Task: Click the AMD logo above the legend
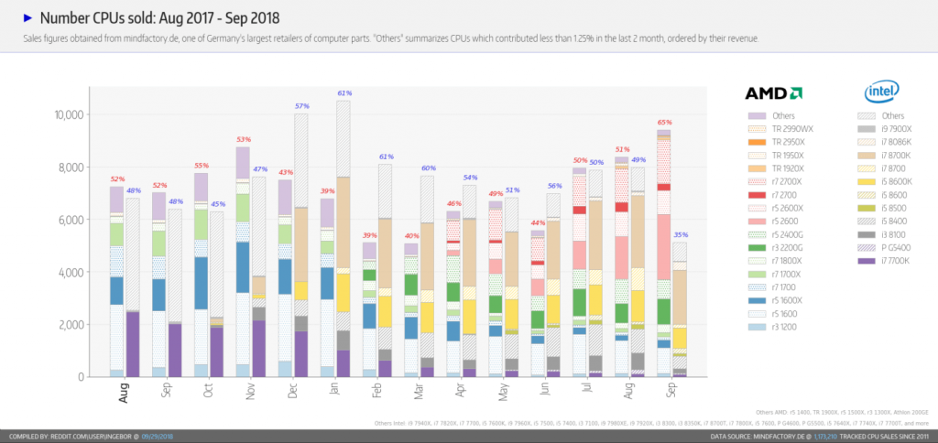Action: [x=773, y=92]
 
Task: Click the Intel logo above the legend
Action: [x=881, y=92]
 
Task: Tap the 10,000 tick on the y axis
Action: [x=70, y=114]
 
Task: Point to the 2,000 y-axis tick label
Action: [x=72, y=325]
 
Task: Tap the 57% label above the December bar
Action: [x=301, y=106]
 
